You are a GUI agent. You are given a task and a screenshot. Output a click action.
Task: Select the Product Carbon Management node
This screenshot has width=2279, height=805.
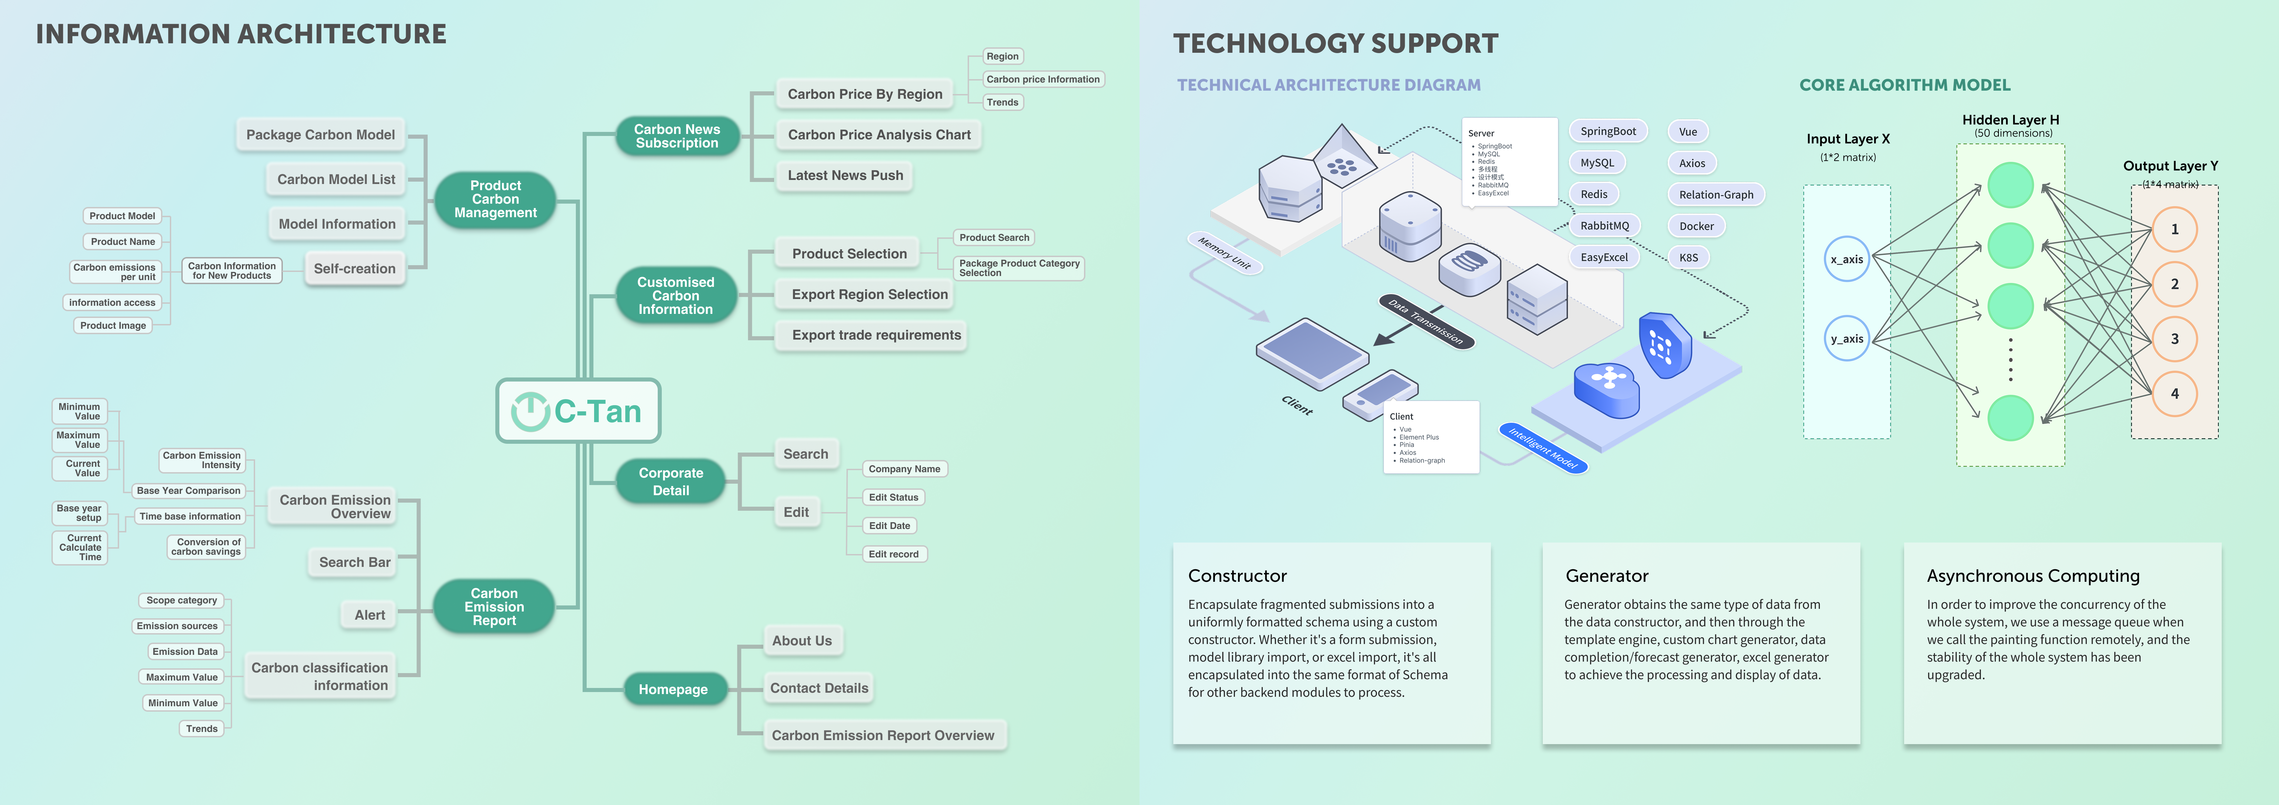click(495, 199)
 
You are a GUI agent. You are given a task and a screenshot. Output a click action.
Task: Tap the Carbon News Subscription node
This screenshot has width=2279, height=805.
click(677, 136)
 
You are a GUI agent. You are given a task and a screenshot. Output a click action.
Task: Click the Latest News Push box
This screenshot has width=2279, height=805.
click(845, 175)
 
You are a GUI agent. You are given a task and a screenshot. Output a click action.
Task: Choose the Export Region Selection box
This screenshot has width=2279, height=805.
click(869, 295)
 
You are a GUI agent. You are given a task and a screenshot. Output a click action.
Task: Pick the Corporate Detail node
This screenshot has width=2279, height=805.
click(671, 481)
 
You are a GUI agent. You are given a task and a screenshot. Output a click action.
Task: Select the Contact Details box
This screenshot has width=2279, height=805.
click(818, 688)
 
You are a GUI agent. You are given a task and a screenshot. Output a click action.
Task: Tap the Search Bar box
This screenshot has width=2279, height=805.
click(354, 562)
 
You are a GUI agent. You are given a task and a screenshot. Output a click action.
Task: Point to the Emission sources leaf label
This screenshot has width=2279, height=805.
click(177, 626)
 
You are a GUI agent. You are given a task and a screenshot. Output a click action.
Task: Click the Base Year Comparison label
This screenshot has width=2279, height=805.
click(188, 491)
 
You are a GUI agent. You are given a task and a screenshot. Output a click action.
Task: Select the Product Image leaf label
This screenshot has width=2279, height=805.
click(113, 325)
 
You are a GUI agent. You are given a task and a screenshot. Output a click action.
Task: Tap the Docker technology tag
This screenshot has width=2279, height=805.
click(1696, 227)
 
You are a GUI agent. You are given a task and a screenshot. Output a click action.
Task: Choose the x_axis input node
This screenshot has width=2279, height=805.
click(1846, 259)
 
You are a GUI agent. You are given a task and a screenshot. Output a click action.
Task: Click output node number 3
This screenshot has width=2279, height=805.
click(2174, 339)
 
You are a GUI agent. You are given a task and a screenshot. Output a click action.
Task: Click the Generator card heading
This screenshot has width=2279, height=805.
click(1607, 576)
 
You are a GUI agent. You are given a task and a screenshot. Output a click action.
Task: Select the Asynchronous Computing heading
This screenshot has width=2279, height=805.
click(2032, 576)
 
